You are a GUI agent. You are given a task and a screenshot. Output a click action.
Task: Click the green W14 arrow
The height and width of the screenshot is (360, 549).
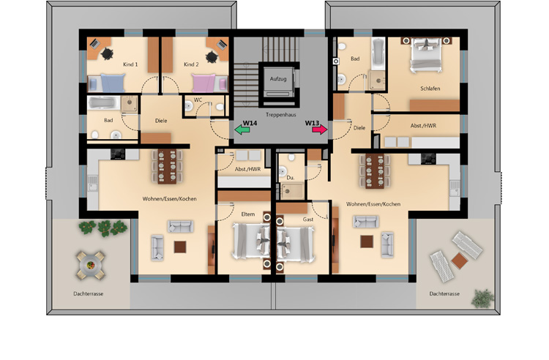(242, 130)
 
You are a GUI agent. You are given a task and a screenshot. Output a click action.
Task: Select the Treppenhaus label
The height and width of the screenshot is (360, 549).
(280, 114)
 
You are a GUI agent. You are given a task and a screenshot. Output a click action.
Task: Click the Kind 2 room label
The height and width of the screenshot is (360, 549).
(192, 65)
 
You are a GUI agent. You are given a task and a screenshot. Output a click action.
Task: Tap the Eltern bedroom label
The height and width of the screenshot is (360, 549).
(248, 213)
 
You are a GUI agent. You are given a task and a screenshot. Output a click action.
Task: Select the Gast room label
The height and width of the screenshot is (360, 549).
(308, 219)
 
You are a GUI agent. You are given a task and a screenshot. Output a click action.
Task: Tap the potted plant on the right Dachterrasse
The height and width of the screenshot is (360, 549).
(482, 298)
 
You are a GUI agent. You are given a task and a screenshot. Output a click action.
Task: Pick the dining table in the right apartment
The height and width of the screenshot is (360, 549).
(372, 170)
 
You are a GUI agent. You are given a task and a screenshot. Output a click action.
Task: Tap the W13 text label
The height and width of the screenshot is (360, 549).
(313, 122)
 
